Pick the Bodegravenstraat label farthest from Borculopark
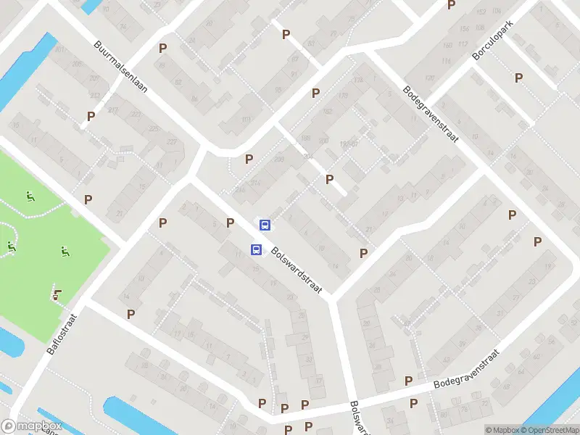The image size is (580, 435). click(x=467, y=368)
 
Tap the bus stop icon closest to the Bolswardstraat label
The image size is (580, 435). click(x=256, y=250)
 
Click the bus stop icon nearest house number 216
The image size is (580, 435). click(x=265, y=225)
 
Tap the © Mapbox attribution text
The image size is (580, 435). click(x=500, y=430)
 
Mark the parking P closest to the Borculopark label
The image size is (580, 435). click(x=519, y=78)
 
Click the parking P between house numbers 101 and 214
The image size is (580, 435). click(x=249, y=159)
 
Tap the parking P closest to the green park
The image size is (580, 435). click(x=88, y=199)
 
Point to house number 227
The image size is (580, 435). click(x=172, y=141)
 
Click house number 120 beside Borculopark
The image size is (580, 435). click(x=429, y=78)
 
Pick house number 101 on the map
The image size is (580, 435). click(x=246, y=119)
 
